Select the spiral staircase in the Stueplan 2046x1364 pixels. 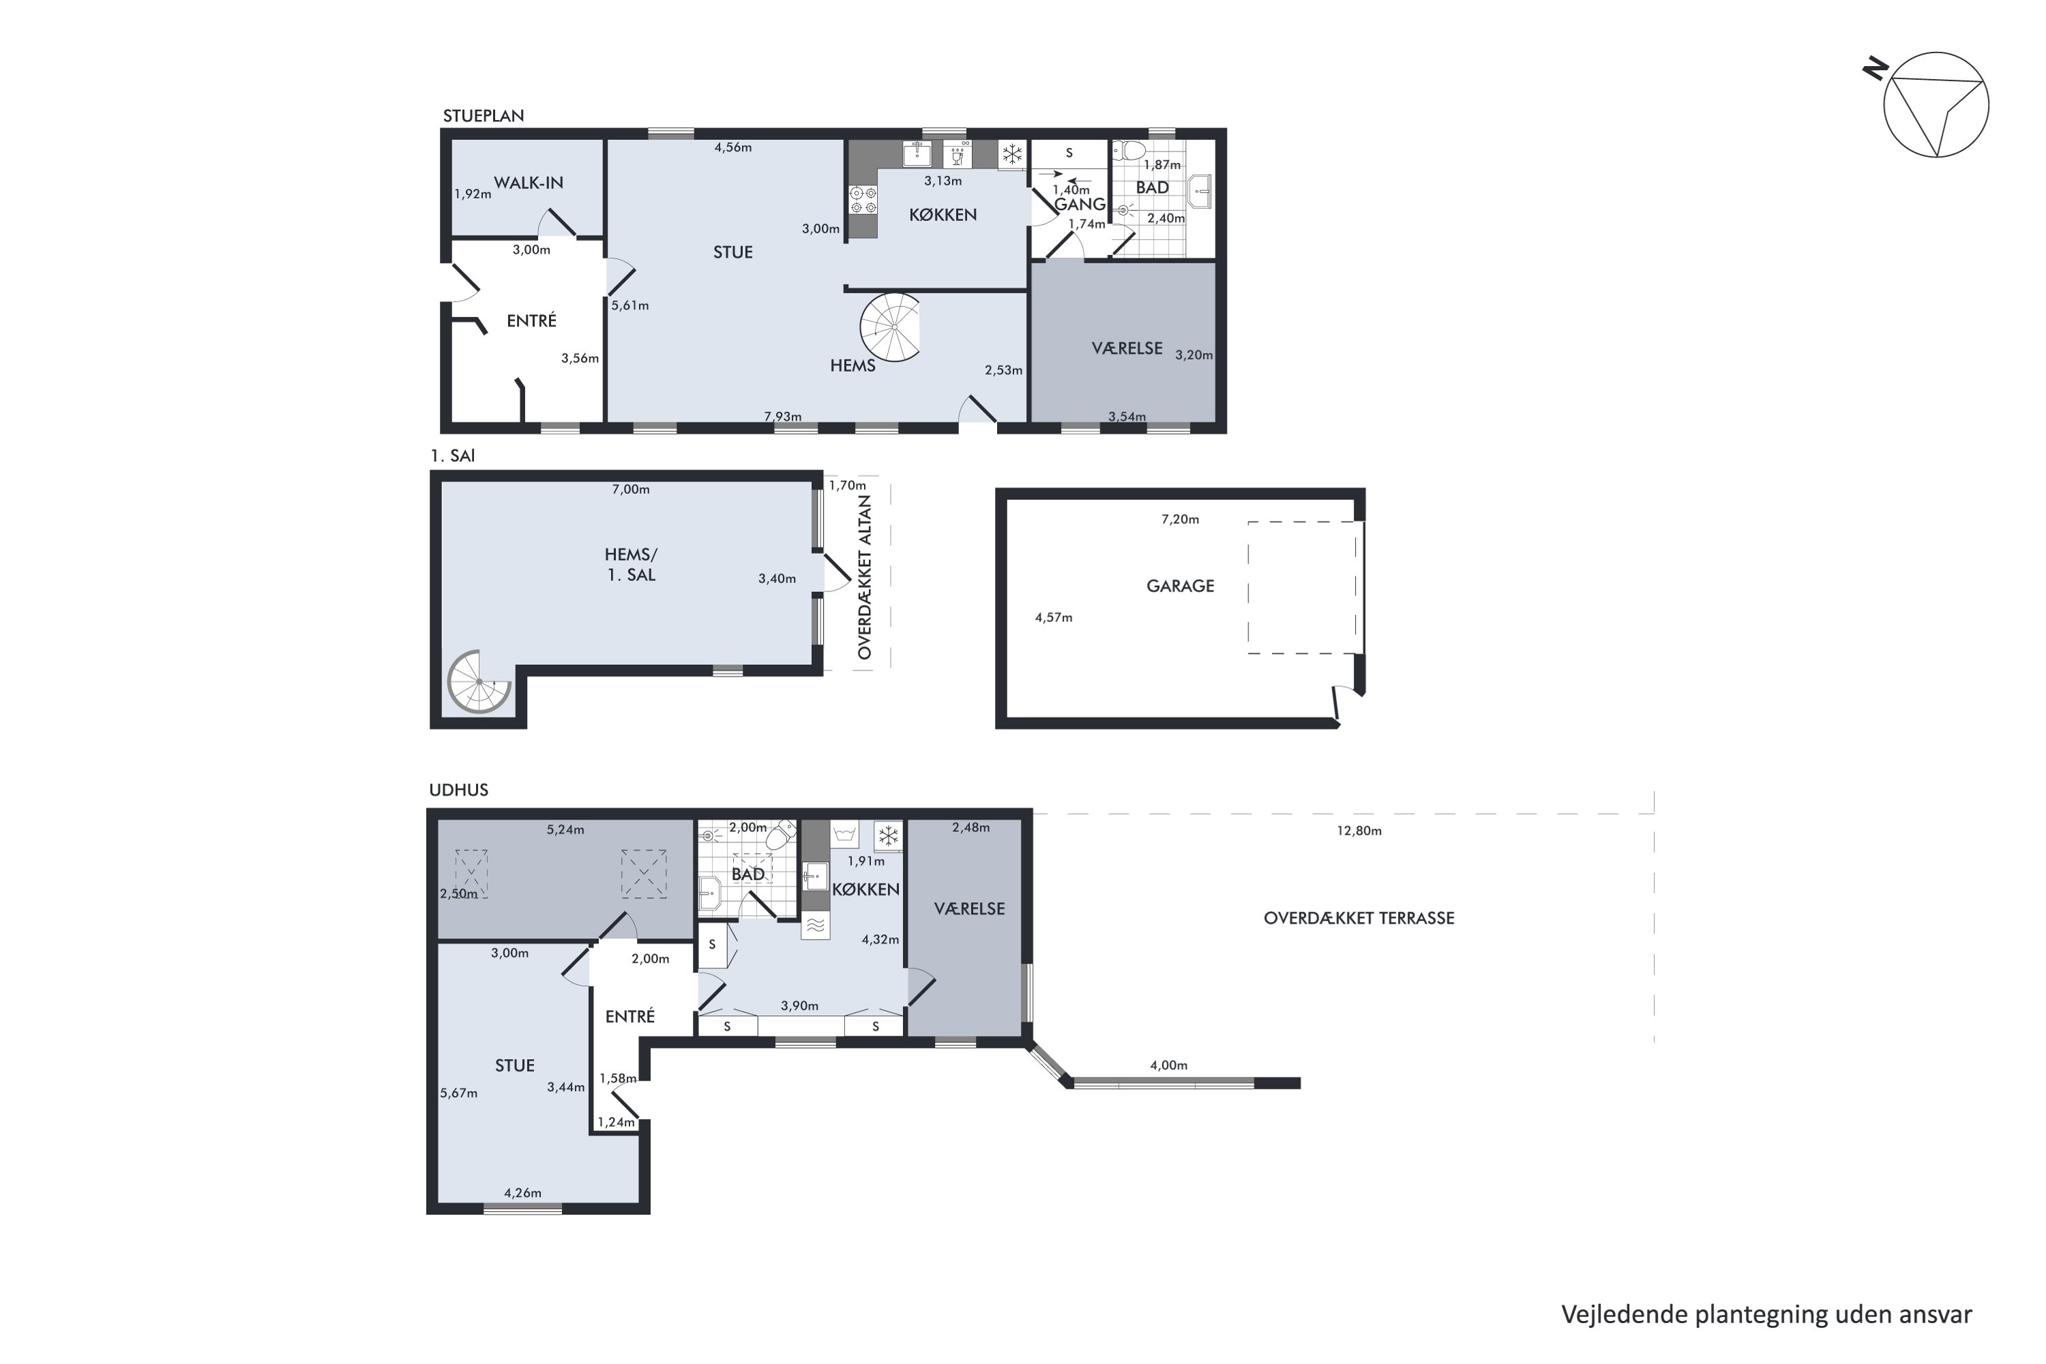(890, 327)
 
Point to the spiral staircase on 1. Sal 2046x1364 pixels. (479, 681)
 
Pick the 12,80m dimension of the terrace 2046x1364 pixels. (1359, 831)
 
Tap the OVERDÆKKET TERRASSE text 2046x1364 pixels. (1359, 918)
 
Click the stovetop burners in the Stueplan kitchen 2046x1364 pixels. (863, 200)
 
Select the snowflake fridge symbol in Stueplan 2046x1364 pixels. (1011, 155)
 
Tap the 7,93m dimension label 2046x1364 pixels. (783, 417)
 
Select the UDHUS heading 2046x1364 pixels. (458, 790)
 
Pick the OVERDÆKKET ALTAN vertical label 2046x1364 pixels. (864, 578)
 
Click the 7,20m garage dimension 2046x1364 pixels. (1180, 519)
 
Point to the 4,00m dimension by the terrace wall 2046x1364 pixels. (1168, 1065)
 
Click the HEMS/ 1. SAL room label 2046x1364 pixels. (631, 565)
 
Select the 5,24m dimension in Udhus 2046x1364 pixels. (565, 830)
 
